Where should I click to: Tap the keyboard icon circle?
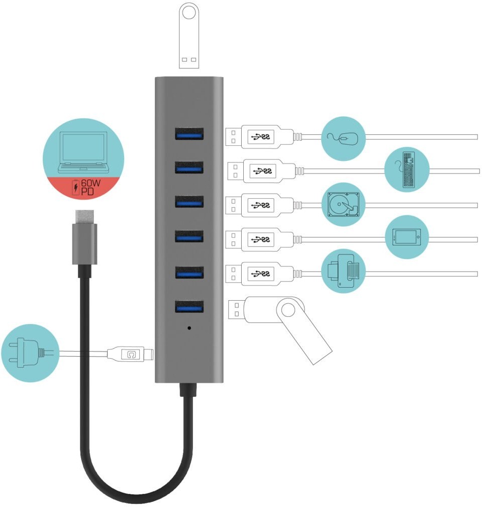click(x=407, y=170)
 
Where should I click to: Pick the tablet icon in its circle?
click(x=407, y=237)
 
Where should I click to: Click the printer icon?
click(x=343, y=271)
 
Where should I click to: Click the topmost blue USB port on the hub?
click(x=189, y=134)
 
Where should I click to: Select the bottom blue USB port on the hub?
click(x=189, y=306)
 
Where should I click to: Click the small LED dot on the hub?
click(x=189, y=327)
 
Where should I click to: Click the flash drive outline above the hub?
click(x=189, y=35)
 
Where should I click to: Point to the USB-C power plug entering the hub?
click(x=133, y=354)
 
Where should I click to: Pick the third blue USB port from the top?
click(x=189, y=202)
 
